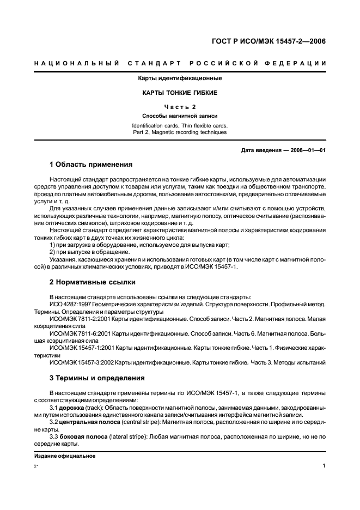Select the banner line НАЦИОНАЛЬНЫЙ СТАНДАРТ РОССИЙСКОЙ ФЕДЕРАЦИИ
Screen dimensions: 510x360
click(180, 64)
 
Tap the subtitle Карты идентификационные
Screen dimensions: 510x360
click(180, 78)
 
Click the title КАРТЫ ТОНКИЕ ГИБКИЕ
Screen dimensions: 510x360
click(180, 93)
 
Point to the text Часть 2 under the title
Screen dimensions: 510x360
click(180, 107)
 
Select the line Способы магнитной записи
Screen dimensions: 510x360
click(180, 116)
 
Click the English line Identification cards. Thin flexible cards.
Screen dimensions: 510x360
click(180, 125)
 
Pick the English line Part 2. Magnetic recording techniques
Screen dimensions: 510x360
click(180, 132)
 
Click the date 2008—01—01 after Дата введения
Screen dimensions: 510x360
click(307, 151)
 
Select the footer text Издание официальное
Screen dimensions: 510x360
click(64, 456)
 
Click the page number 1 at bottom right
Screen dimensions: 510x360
click(324, 466)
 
